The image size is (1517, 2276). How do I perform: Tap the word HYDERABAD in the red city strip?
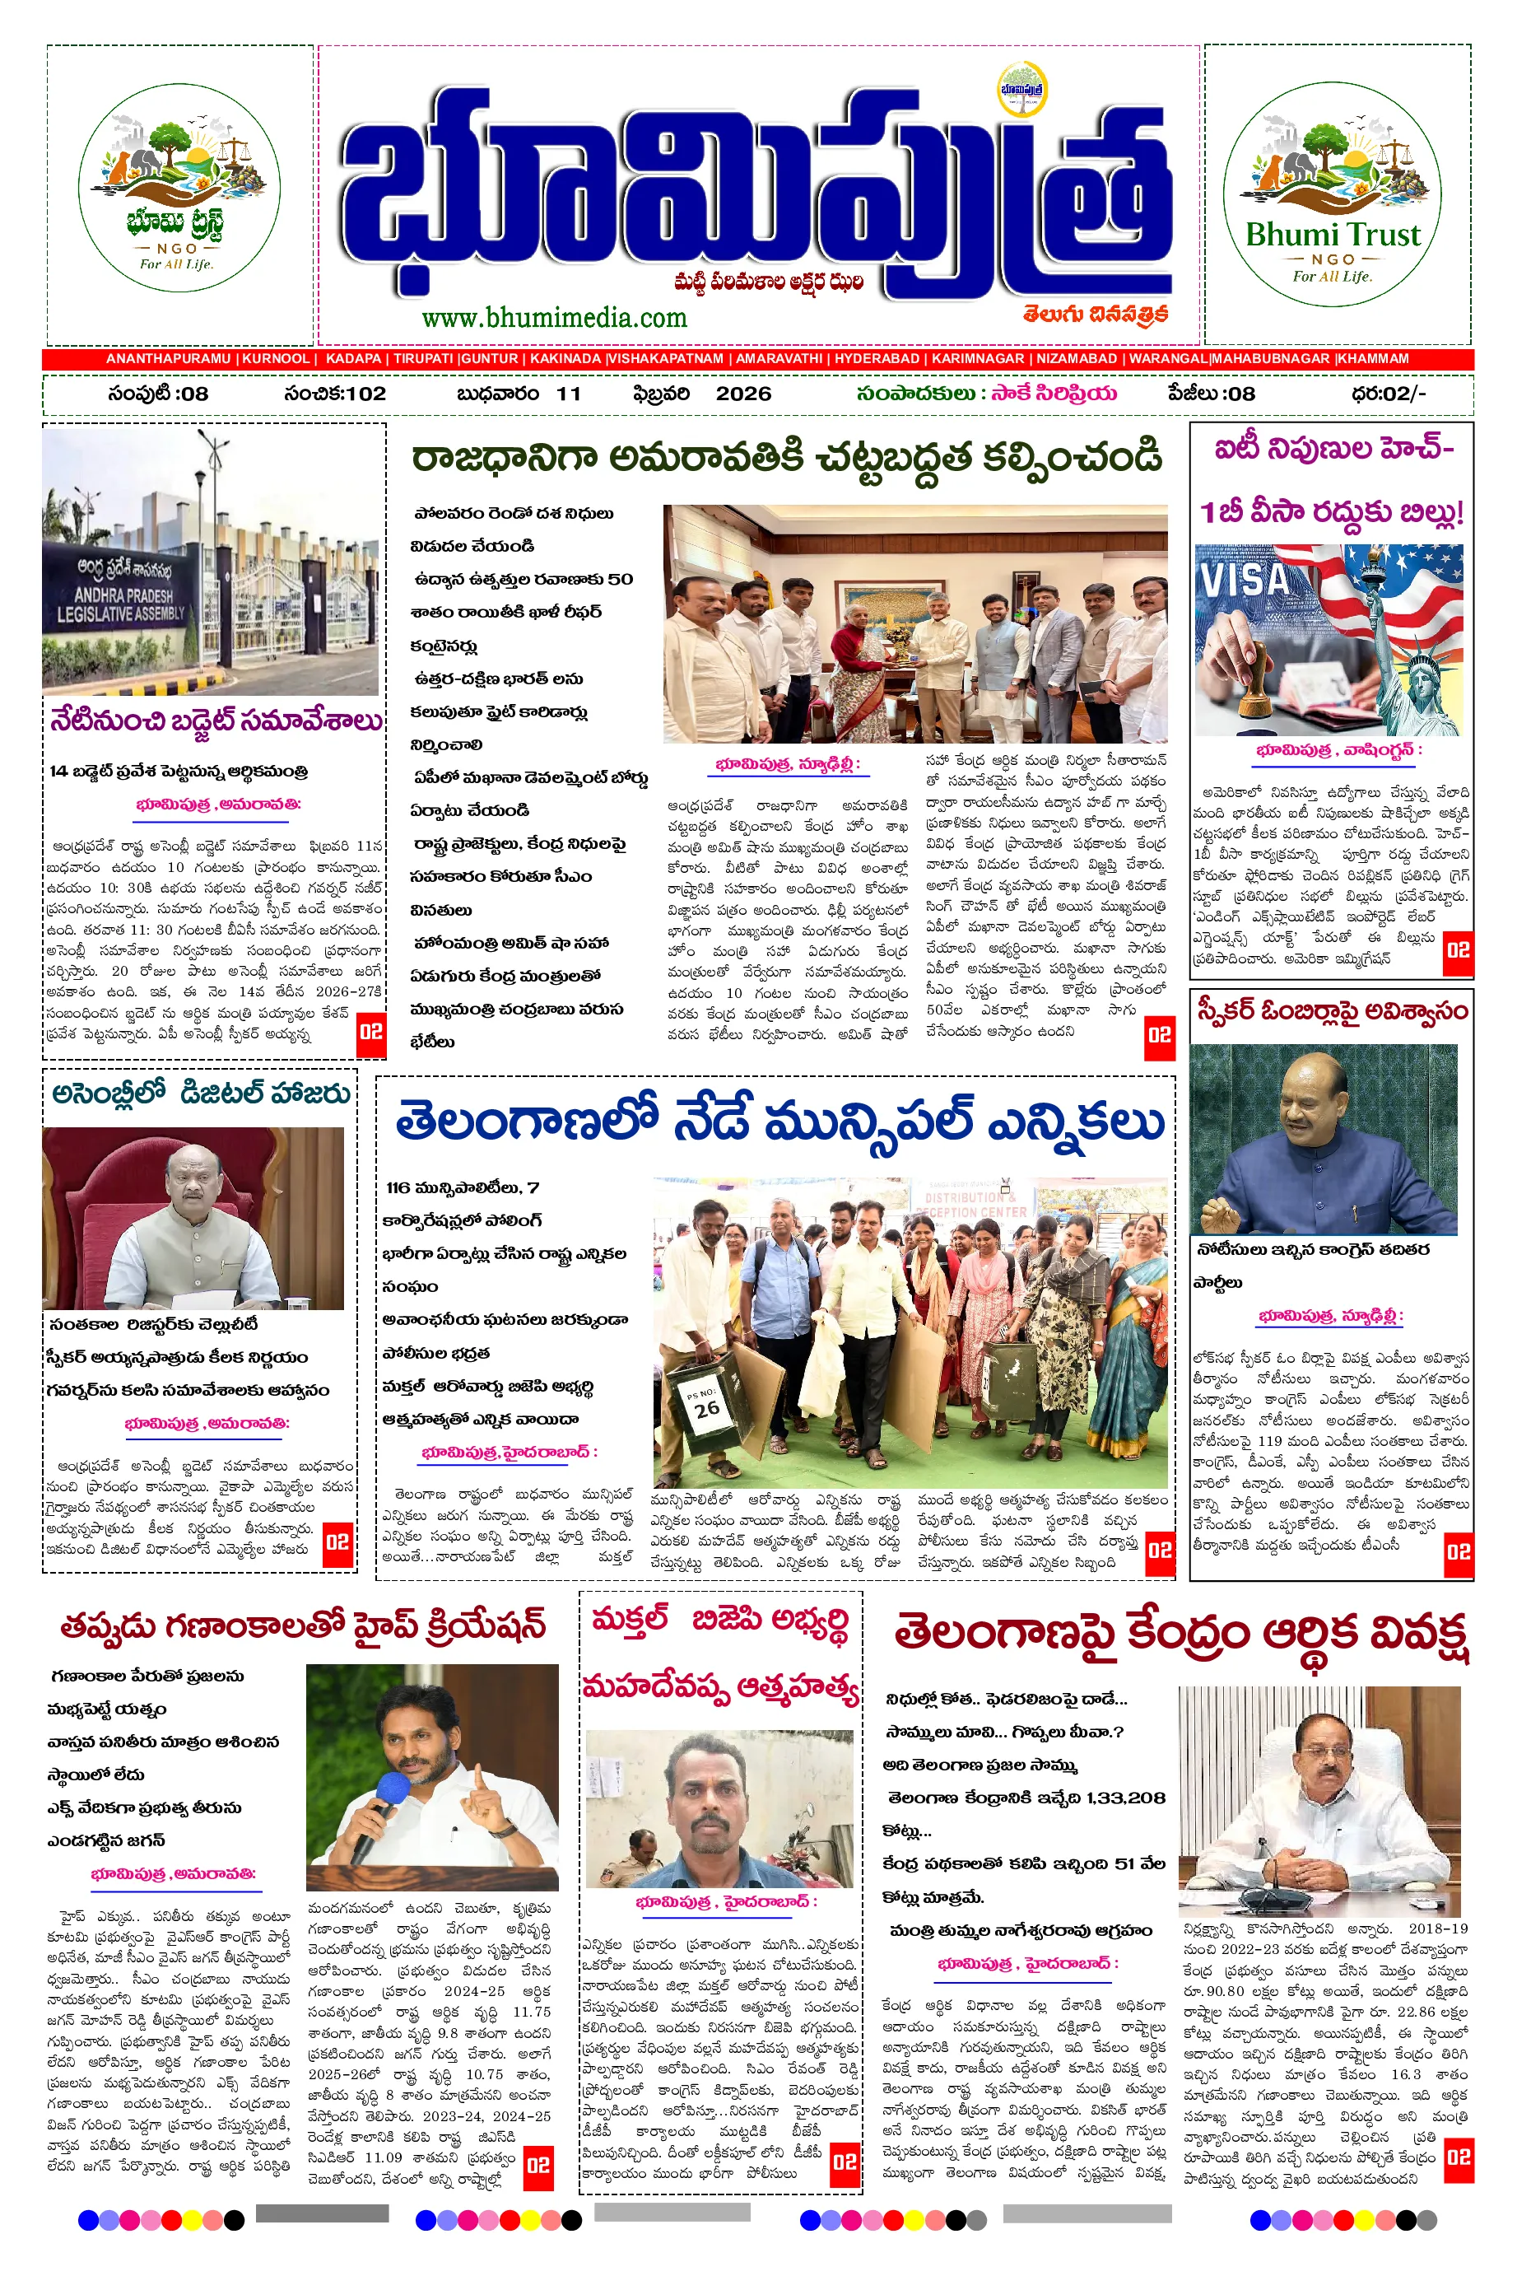(x=877, y=358)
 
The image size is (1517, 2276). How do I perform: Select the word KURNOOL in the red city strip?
(x=276, y=358)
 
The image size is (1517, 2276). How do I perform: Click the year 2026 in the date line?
(x=743, y=394)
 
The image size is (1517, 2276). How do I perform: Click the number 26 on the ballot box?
(x=707, y=1407)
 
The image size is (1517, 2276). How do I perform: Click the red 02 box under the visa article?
(x=1457, y=949)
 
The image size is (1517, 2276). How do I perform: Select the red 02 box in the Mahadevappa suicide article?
(x=845, y=2161)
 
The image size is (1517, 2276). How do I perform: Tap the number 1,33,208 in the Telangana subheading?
(x=1124, y=1798)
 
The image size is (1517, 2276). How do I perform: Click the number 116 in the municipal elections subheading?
(x=398, y=1187)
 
